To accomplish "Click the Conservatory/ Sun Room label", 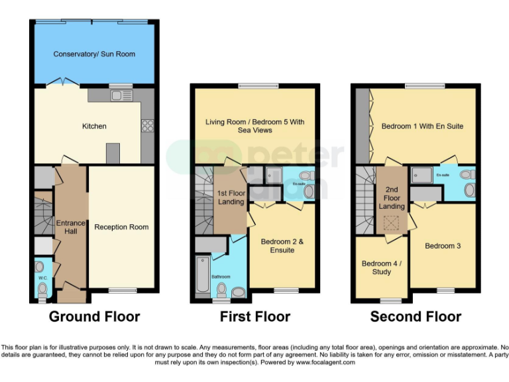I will point(94,54).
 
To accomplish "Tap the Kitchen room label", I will point(94,126).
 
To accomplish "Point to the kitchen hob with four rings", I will point(147,126).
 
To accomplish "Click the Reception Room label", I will point(121,227).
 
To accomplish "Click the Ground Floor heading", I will point(94,316).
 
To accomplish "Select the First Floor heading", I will point(255,316).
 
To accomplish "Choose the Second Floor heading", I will point(416,316).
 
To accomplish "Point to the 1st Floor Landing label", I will point(231,197).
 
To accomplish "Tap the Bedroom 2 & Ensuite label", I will point(282,246).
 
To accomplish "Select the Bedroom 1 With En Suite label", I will point(422,126).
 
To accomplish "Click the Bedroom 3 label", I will point(443,246).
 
